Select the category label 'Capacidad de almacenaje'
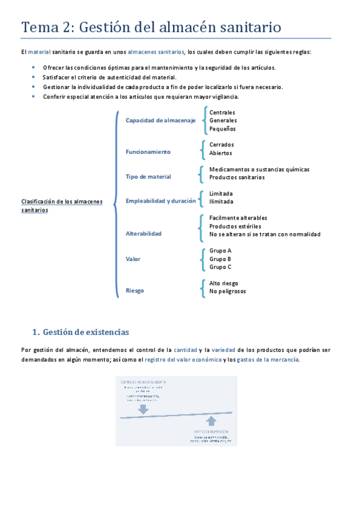point(160,121)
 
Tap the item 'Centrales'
point(222,112)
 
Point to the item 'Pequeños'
point(222,129)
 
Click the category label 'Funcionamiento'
point(148,152)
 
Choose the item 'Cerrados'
point(222,144)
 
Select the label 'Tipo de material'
point(148,177)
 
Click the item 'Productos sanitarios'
point(237,177)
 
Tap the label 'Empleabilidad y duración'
point(160,201)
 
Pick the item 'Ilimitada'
point(221,201)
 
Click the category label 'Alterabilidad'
point(144,233)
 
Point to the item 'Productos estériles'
point(235,226)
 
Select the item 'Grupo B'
point(220,259)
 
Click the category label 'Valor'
point(133,259)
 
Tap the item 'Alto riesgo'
point(224,283)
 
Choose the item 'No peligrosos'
point(227,291)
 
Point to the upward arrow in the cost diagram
point(210,420)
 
